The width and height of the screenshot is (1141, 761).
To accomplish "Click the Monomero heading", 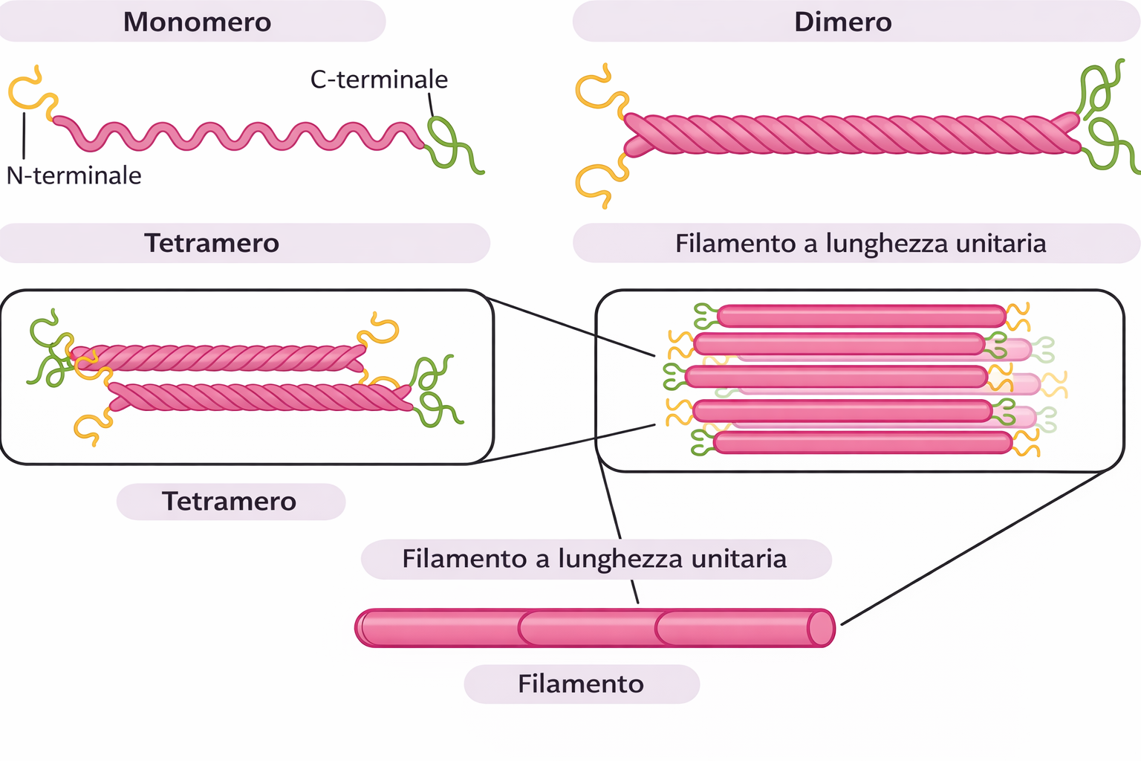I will (197, 22).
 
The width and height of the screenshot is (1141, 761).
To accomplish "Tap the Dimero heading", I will (842, 22).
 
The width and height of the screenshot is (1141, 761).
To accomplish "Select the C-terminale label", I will (379, 80).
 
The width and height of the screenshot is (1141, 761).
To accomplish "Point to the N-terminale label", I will (74, 175).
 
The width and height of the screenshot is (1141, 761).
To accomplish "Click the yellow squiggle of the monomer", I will (26, 93).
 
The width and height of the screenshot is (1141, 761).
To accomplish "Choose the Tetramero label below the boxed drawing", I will (230, 502).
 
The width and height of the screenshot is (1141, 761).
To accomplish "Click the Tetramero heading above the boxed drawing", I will (212, 243).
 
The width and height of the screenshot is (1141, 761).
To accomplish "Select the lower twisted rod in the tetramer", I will (260, 396).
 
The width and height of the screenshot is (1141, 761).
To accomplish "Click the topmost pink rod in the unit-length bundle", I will (862, 316).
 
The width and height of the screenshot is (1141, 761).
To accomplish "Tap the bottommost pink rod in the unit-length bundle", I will (862, 443).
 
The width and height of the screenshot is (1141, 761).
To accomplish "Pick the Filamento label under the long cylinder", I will (581, 684).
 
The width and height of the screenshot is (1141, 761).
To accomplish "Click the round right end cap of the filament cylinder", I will (821, 628).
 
